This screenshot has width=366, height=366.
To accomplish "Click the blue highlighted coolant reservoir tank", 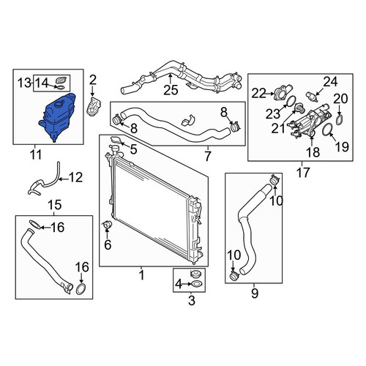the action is (57, 117).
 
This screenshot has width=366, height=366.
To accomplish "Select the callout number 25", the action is (171, 90).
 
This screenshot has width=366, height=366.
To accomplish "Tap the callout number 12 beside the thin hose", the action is (75, 177).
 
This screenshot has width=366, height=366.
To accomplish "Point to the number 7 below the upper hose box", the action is (207, 156).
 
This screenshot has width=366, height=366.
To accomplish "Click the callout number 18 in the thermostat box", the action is (313, 152).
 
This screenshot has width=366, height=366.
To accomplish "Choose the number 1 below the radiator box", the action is (141, 275).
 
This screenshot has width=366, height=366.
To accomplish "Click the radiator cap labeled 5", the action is (115, 139).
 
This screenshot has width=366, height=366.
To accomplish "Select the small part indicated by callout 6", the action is (107, 225).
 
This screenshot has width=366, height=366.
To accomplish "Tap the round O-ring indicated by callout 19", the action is (327, 130).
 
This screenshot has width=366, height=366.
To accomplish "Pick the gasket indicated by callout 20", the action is (340, 120).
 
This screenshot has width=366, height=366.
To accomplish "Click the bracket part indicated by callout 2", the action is (94, 106).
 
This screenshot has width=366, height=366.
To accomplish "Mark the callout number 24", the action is (331, 82).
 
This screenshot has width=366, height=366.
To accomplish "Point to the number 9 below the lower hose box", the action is (254, 294).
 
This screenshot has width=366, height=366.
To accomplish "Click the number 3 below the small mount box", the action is (192, 300).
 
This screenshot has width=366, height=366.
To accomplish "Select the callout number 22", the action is (258, 93).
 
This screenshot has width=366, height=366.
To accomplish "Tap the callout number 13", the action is (24, 83).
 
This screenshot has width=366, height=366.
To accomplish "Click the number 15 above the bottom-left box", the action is (55, 205).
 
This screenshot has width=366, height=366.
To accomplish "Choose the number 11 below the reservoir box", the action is (36, 154).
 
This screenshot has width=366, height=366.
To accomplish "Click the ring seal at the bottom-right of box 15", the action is (81, 289).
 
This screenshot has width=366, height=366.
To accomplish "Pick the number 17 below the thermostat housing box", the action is (303, 172).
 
